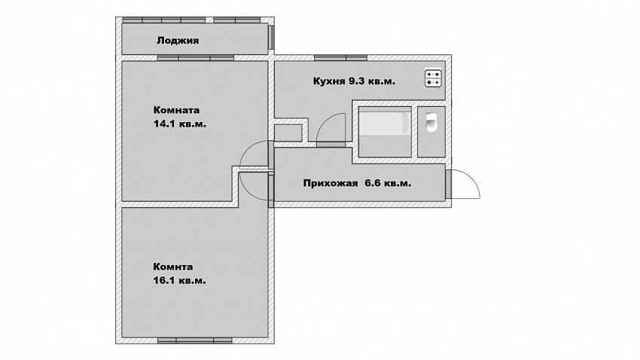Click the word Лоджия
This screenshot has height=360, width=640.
178,41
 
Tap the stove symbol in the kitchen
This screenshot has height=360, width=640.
433,78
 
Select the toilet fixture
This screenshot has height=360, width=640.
431,123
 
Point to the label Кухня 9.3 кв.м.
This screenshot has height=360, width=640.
354,81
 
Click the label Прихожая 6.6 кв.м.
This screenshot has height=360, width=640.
357,183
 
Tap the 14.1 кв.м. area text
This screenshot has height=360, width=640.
180,124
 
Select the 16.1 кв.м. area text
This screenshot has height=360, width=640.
180,281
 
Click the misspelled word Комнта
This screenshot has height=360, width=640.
173,267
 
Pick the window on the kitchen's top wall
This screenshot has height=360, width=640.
340,57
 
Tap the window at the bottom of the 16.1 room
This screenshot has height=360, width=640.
195,340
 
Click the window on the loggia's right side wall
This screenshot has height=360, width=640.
270,37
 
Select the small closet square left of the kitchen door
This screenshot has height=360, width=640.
288,133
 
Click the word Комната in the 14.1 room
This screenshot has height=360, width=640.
176,110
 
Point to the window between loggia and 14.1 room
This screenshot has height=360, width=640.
196,58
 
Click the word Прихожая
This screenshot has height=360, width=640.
331,183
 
